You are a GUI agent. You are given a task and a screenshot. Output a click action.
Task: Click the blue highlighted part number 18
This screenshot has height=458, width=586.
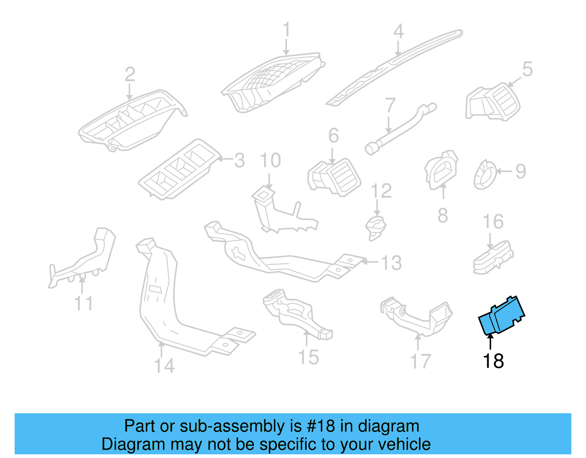point(502,315)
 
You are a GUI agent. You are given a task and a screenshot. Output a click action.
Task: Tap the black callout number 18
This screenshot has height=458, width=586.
point(493,361)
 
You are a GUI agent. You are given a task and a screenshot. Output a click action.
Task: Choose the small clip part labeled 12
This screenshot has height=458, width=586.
point(375,227)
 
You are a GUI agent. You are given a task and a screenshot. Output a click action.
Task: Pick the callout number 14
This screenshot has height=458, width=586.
point(164,366)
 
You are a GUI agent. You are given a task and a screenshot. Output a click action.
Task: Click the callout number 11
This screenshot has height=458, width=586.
point(84,303)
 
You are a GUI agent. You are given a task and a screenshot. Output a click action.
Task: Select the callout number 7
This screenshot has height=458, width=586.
point(390,105)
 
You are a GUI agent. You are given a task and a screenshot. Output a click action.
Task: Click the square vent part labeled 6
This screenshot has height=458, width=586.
point(334,177)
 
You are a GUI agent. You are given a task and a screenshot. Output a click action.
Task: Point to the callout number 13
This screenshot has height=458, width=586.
point(391,263)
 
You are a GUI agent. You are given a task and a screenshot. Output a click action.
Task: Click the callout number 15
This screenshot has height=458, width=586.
point(308,357)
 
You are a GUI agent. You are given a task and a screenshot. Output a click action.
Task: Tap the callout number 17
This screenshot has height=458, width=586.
point(420,362)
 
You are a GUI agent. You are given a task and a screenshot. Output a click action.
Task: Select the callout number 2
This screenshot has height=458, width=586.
point(130,74)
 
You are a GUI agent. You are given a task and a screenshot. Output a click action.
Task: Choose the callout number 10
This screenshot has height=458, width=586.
point(270,161)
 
